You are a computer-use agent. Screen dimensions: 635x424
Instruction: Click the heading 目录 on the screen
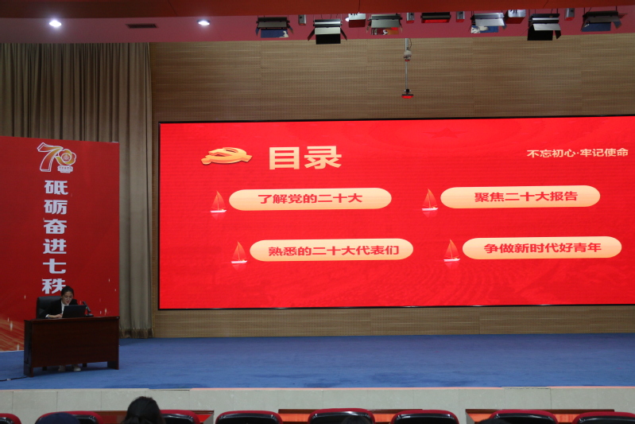pos(305,158)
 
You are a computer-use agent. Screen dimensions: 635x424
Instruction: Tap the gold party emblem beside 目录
pos(227,156)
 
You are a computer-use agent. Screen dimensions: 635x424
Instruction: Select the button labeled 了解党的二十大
pos(310,199)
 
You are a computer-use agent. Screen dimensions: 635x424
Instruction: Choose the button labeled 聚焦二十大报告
pos(520,197)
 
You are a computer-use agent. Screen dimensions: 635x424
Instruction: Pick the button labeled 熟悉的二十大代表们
pos(331,250)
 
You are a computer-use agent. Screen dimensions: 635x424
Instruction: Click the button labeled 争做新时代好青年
pos(542,247)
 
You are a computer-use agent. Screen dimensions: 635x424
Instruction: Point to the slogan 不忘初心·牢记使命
pos(578,153)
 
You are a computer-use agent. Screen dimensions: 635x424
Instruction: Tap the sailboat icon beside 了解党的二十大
pos(219,202)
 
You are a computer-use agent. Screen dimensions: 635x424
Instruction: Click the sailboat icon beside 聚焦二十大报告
pos(430,200)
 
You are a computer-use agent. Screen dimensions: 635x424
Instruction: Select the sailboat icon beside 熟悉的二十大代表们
pos(239,253)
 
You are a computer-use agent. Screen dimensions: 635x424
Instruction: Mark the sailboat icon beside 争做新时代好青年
pos(451,251)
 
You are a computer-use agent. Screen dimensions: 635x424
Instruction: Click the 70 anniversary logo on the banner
pos(56,158)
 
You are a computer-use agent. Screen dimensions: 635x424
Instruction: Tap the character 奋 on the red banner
pos(56,227)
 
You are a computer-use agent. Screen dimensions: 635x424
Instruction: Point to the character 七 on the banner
pos(55,266)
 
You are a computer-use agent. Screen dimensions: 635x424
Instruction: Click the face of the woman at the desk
pos(67,294)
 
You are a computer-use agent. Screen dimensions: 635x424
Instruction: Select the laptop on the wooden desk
pos(73,311)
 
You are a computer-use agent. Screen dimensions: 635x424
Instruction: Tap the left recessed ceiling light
pos(55,24)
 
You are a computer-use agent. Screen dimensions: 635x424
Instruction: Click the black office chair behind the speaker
pos(46,307)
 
